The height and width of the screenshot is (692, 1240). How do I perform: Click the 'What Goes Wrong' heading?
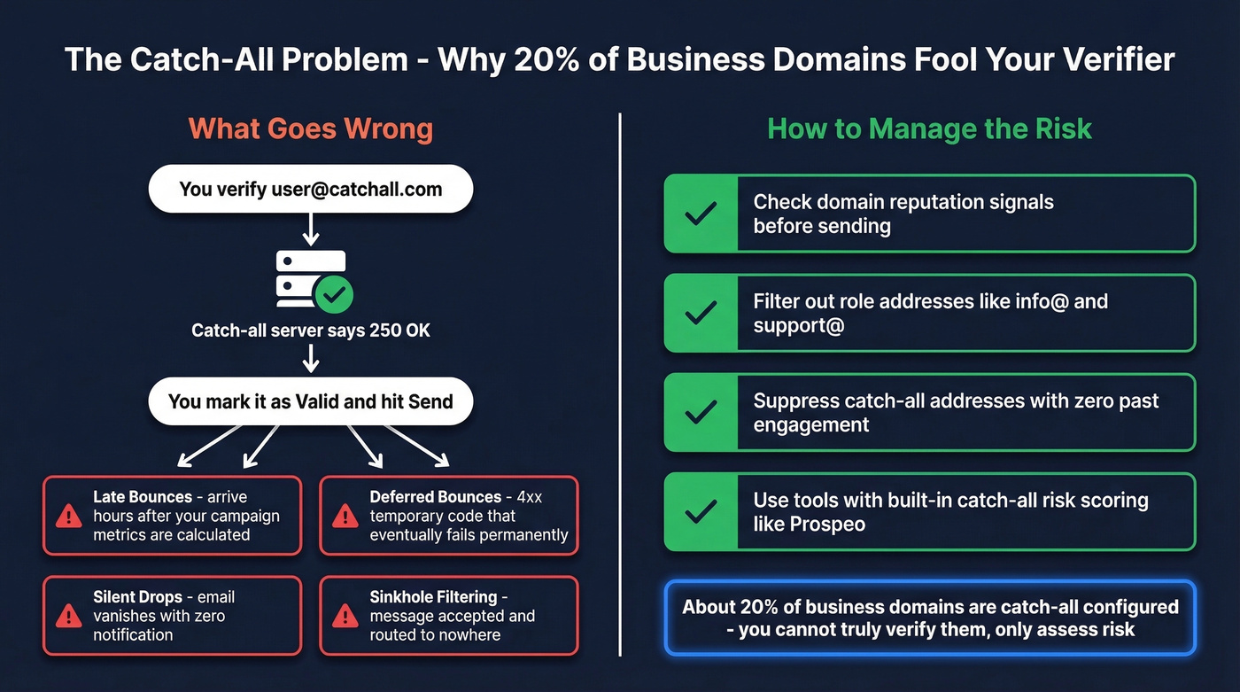(x=310, y=129)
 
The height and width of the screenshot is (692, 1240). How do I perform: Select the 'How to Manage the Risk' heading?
(x=929, y=129)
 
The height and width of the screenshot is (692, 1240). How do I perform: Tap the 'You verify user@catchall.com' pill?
(x=310, y=189)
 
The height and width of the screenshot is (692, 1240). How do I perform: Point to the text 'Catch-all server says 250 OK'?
(x=311, y=330)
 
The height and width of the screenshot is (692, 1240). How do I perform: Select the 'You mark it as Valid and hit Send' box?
(x=310, y=401)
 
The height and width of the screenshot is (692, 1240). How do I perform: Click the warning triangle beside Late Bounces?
(x=68, y=516)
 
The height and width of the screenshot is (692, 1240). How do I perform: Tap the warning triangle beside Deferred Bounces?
(x=345, y=516)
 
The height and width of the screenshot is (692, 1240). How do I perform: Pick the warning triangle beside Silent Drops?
(x=68, y=616)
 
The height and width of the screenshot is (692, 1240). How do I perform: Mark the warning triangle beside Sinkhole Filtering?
(x=345, y=616)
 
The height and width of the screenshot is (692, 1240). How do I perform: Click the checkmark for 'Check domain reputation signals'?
(x=701, y=214)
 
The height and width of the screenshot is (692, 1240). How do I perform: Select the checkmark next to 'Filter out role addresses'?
(x=701, y=313)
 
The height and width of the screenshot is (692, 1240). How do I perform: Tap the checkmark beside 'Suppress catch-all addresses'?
(x=701, y=412)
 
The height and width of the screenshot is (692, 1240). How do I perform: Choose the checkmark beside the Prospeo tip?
(x=701, y=511)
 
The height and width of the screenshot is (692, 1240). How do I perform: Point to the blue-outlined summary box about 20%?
(x=930, y=618)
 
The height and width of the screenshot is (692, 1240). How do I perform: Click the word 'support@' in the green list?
(x=799, y=325)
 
